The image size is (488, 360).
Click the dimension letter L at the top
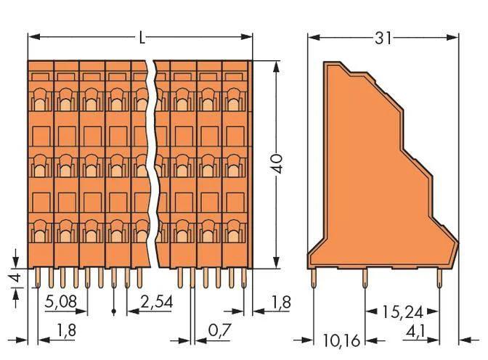point(142,38)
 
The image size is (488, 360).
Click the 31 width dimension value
point(383,38)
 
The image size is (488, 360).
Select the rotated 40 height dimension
point(276,163)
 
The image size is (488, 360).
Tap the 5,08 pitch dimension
point(61,301)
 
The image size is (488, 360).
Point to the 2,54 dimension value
point(157,301)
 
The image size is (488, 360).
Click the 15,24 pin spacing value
point(402,312)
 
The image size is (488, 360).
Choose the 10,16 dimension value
point(341,340)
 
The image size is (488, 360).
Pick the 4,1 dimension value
point(416,332)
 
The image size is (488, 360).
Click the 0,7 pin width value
point(220,330)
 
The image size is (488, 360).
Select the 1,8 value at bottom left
point(66,330)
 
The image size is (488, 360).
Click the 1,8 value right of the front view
point(281,302)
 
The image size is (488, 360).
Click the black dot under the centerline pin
point(113,311)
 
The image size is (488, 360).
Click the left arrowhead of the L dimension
point(34,37)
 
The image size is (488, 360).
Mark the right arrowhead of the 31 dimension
point(452,38)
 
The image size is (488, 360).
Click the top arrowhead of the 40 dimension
point(276,66)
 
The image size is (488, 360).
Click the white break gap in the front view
point(152,164)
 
